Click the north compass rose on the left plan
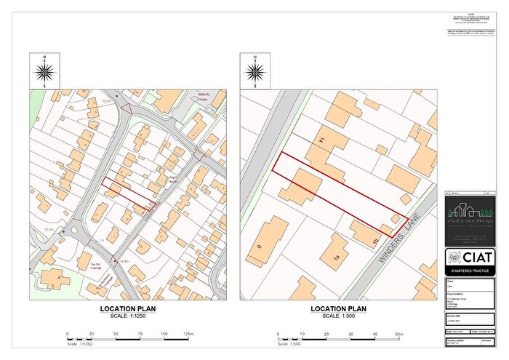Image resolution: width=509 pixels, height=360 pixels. pos(45,71)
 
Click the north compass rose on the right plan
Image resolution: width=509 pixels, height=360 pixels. pos(255,71)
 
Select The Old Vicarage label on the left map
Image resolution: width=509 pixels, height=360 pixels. pos(95,265)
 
